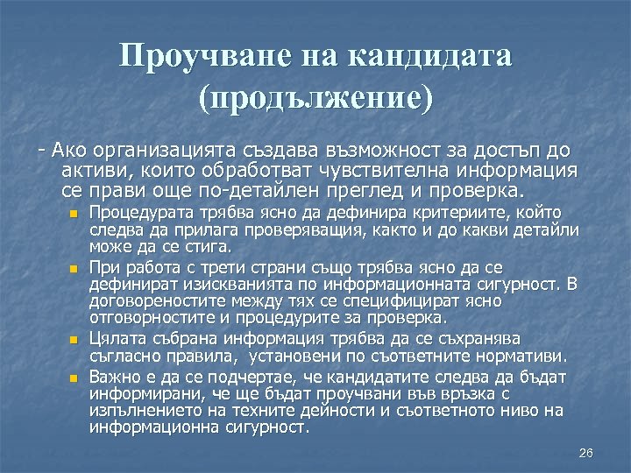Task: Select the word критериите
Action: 489,213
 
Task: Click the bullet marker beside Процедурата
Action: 75,214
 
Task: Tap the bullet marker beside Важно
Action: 75,378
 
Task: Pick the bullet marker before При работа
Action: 75,268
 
